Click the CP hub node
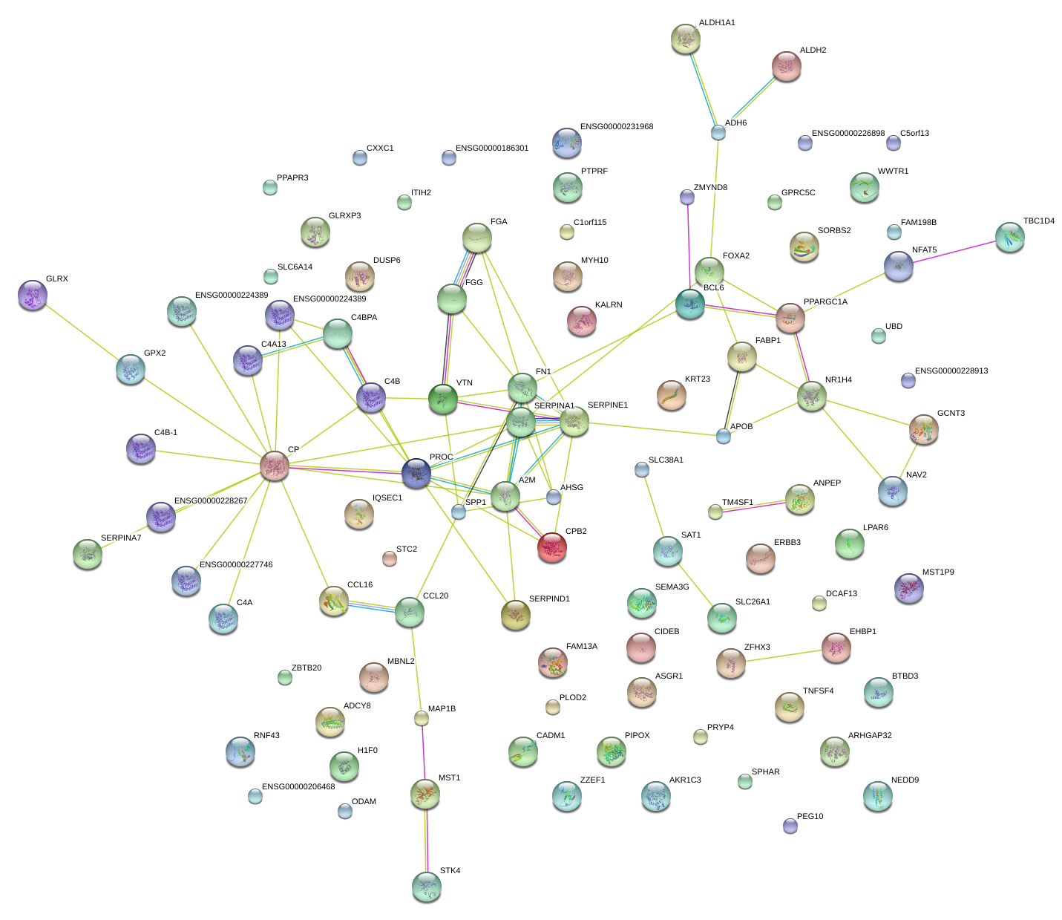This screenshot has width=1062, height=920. tap(275, 465)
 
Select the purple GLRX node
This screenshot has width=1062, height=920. tap(32, 295)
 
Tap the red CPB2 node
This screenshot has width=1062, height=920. tap(551, 547)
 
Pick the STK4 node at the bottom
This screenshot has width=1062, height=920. tap(427, 886)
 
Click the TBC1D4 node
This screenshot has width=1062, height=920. tap(1009, 237)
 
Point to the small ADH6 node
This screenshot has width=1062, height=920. tap(718, 132)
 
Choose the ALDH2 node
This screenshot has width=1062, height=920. tap(787, 66)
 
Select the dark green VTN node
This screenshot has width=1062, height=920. tap(443, 399)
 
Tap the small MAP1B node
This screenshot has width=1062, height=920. tap(422, 717)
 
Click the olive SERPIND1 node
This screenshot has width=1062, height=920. tap(515, 614)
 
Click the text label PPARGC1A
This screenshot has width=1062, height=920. tap(825, 302)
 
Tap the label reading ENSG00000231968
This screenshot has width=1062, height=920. tap(616, 127)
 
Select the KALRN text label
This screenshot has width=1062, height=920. tap(608, 305)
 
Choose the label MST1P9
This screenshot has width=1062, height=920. tap(937, 572)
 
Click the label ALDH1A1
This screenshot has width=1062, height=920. tap(716, 23)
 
